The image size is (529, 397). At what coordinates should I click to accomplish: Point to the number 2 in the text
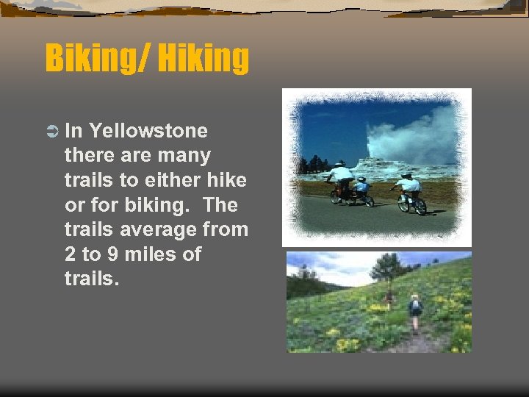[x=70, y=254]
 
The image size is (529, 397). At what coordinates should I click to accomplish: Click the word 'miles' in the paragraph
[x=154, y=254]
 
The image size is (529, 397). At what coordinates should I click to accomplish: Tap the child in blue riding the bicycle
[x=361, y=188]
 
